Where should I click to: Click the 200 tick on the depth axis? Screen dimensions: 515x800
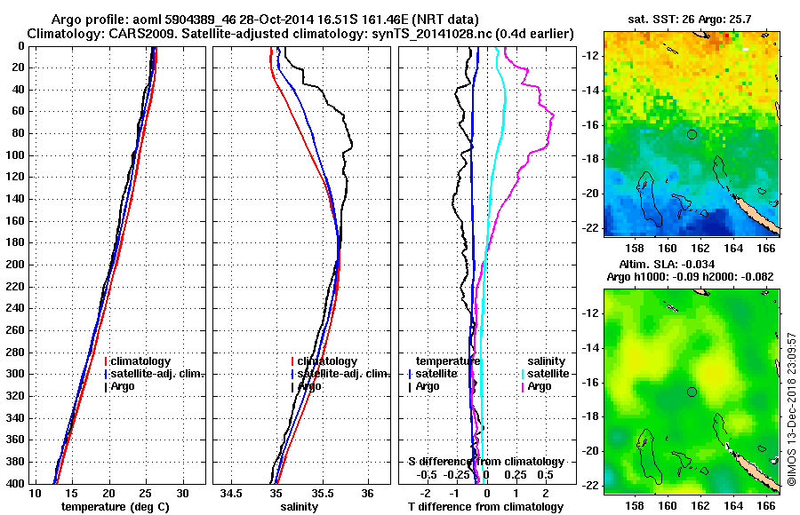[16, 265]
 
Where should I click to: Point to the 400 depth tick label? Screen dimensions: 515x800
[16, 483]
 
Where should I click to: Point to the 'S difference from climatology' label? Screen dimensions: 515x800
[485, 462]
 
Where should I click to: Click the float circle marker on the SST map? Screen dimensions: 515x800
[692, 134]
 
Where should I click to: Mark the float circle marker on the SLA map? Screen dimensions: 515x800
[692, 392]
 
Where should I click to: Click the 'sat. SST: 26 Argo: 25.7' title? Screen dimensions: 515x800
[691, 19]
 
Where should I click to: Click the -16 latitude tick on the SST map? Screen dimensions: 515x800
[588, 125]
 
